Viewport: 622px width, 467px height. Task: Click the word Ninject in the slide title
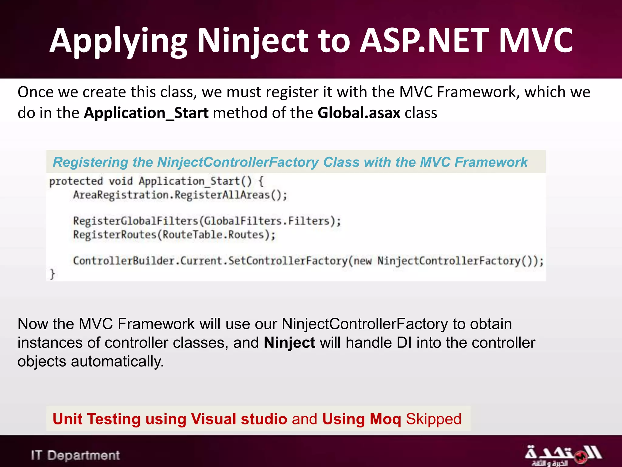pyautogui.click(x=253, y=41)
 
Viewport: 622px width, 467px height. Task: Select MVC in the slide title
pyautogui.click(x=536, y=41)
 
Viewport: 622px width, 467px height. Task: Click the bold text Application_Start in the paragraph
pyautogui.click(x=146, y=113)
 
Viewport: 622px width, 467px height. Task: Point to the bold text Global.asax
pyautogui.click(x=359, y=113)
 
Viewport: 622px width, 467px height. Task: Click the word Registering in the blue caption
pyautogui.click(x=91, y=162)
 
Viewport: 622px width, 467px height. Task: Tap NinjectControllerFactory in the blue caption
pyautogui.click(x=238, y=162)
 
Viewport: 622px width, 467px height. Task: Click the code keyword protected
pyautogui.click(x=76, y=181)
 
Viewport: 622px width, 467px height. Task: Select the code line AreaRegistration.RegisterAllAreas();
pyautogui.click(x=180, y=195)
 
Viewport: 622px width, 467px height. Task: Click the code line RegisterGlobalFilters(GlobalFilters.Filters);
pyautogui.click(x=207, y=221)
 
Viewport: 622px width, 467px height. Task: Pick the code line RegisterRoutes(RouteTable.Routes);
pyautogui.click(x=174, y=235)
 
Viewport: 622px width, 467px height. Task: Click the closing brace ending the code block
pyautogui.click(x=52, y=274)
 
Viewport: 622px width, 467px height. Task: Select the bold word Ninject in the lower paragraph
pyautogui.click(x=289, y=343)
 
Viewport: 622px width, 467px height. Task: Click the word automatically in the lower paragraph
pyautogui.click(x=117, y=362)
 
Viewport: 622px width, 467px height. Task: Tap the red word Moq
pyautogui.click(x=385, y=419)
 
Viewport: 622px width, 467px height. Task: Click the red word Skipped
pyautogui.click(x=433, y=419)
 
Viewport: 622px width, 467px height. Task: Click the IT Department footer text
pyautogui.click(x=75, y=455)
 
